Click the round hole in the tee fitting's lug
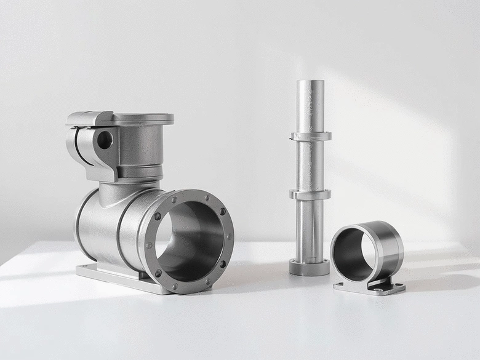point(105,140)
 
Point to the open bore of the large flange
point(188,240)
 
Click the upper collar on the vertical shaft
point(310,136)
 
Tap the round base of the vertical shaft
point(310,268)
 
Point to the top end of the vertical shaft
point(310,84)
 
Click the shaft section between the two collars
point(310,165)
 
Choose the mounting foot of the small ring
point(369,287)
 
